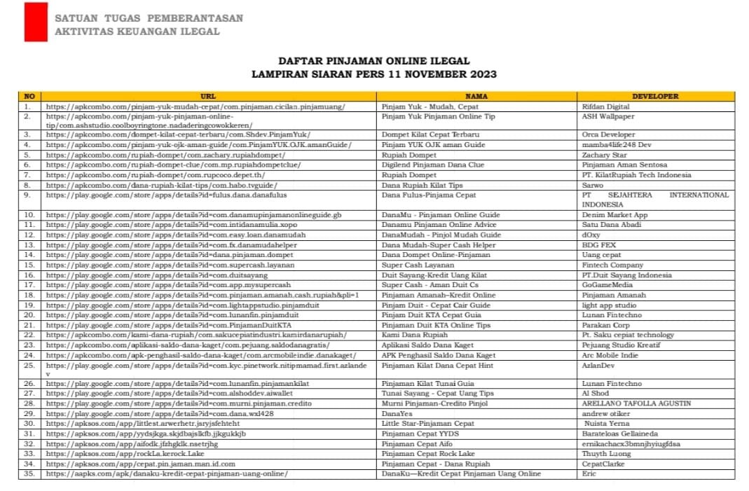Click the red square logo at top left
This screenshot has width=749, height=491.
pyautogui.click(x=36, y=22)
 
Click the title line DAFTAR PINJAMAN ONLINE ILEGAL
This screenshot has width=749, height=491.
pyautogui.click(x=374, y=61)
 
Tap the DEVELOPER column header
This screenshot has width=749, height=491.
pyautogui.click(x=655, y=96)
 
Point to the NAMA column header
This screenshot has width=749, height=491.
pyautogui.click(x=476, y=96)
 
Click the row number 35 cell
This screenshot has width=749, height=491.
pyautogui.click(x=29, y=473)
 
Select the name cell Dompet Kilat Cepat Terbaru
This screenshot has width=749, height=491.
pyautogui.click(x=430, y=134)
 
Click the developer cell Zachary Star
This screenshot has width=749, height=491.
pyautogui.click(x=604, y=155)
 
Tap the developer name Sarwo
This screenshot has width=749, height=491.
pyautogui.click(x=592, y=185)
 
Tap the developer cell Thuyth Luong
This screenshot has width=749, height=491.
pyautogui.click(x=606, y=453)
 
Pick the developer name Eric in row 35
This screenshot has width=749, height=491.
pyautogui.click(x=589, y=473)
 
